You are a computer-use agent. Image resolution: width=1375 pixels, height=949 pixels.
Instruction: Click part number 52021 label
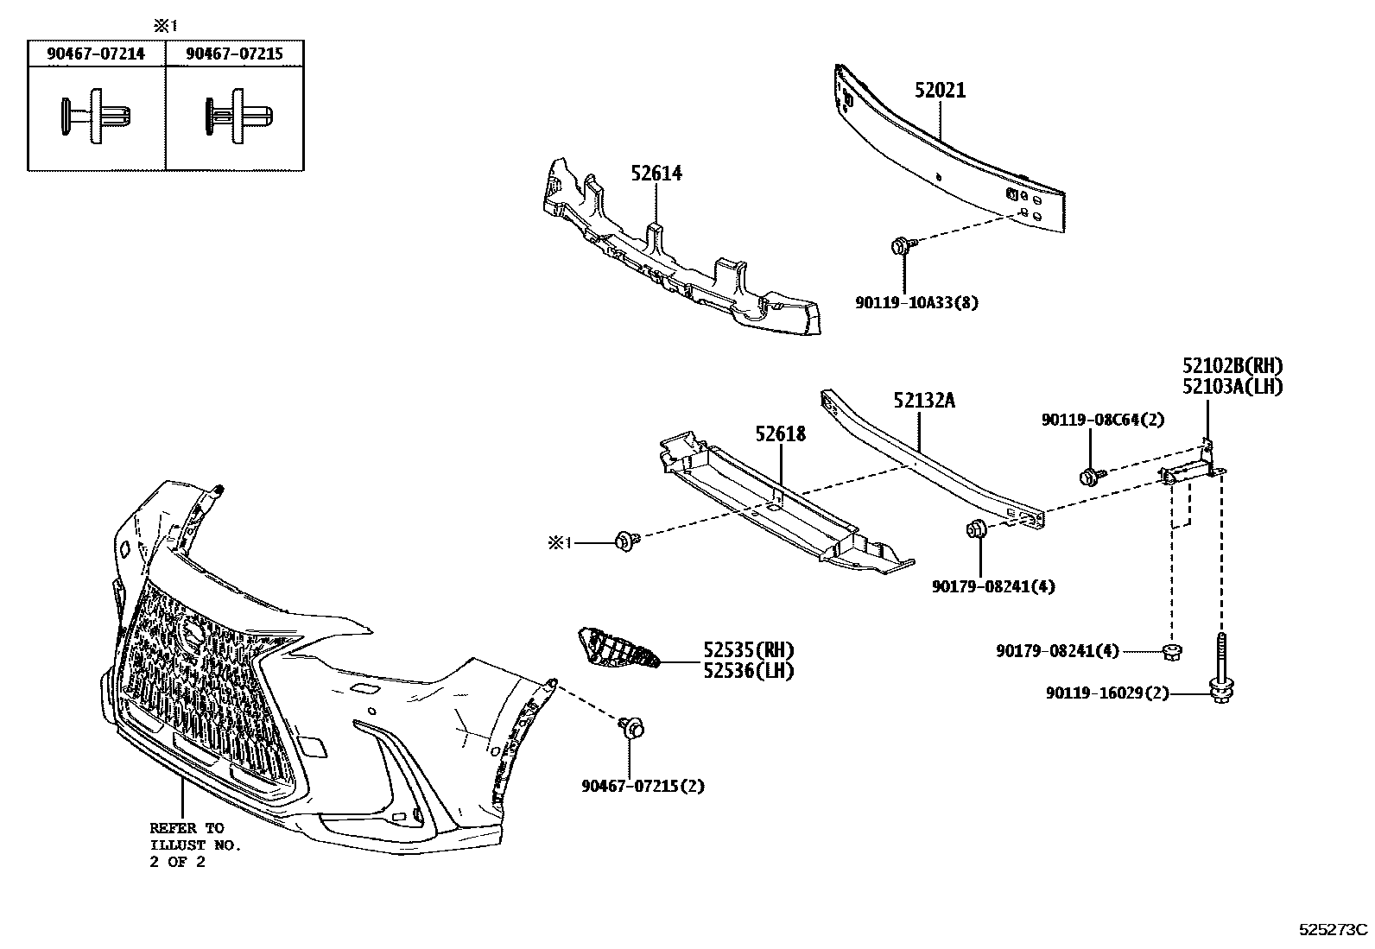[940, 91]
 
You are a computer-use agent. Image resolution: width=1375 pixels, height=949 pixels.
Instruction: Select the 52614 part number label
[656, 174]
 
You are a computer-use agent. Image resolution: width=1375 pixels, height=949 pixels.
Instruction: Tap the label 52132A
[924, 401]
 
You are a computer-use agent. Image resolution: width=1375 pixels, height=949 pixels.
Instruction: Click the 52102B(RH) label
[1232, 365]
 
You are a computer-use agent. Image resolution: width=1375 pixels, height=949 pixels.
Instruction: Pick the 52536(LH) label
[748, 669]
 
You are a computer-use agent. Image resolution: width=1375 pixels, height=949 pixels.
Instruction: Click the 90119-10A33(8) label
[916, 303]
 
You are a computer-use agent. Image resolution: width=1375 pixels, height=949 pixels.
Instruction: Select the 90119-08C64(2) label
[1103, 420]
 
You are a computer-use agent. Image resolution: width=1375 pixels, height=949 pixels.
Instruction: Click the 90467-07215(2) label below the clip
[643, 786]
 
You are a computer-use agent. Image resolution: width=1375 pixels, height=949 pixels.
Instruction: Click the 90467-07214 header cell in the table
[96, 54]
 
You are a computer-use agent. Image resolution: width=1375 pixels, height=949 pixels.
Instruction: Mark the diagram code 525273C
[1334, 930]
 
